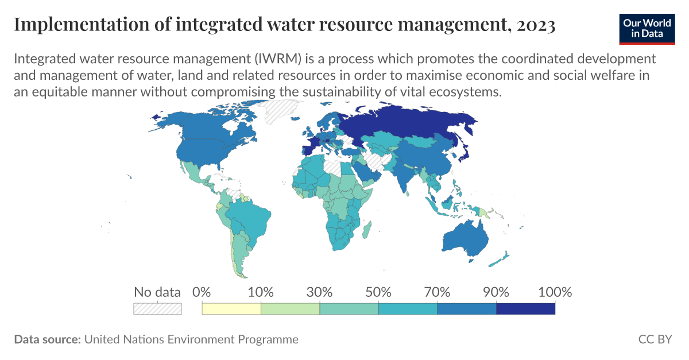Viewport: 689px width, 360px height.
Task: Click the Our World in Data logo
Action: [x=646, y=27]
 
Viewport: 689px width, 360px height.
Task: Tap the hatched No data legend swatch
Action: [x=157, y=309]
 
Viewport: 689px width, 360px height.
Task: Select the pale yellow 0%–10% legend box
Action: [x=231, y=309]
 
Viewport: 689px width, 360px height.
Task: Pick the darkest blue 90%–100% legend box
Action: [x=525, y=309]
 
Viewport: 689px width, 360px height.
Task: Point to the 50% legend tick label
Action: [x=378, y=292]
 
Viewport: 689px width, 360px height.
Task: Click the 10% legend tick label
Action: [x=261, y=292]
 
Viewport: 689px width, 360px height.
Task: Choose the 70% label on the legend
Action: [x=438, y=292]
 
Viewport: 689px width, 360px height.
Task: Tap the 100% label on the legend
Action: [x=555, y=292]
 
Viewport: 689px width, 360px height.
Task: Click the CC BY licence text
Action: [x=655, y=339]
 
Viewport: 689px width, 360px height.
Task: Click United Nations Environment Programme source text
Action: [x=191, y=339]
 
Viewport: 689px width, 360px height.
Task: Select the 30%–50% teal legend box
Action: [x=349, y=309]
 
